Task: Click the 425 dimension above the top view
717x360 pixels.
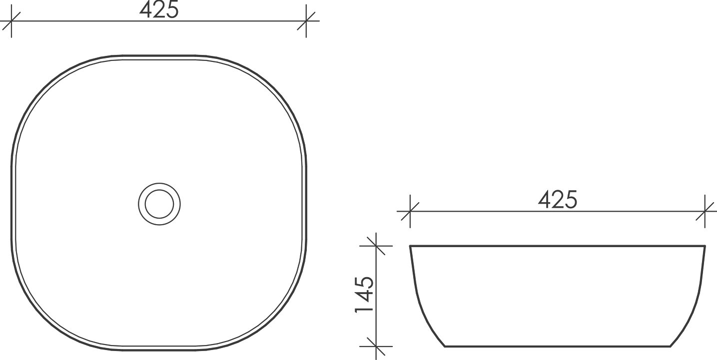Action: click(x=159, y=10)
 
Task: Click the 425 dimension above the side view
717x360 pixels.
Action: click(x=558, y=200)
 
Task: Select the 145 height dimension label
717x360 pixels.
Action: click(x=365, y=294)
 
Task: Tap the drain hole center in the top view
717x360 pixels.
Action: click(x=159, y=204)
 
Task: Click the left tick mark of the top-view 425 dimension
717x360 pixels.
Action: click(x=11, y=21)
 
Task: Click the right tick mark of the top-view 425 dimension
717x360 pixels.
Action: click(x=306, y=21)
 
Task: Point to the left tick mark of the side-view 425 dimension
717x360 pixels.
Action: click(x=410, y=211)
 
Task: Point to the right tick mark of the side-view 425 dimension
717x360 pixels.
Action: click(x=705, y=211)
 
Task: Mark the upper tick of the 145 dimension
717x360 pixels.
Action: click(x=376, y=246)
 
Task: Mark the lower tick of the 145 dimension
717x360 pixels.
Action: click(x=376, y=346)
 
